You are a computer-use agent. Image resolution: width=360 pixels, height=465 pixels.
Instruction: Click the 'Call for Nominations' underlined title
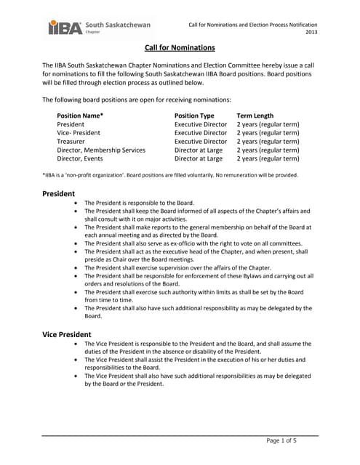pos(180,48)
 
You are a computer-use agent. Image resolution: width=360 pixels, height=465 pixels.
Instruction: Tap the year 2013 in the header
pos(311,33)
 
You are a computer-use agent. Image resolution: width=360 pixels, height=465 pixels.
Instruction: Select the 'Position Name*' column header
pos(80,116)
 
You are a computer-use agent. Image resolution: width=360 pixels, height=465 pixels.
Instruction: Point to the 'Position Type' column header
pos(194,116)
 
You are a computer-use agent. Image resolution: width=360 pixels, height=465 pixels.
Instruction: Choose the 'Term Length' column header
pos(255,116)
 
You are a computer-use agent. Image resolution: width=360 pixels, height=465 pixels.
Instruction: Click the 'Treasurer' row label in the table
pos(72,141)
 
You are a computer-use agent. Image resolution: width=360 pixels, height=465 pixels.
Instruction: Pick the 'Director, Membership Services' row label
pos(101,150)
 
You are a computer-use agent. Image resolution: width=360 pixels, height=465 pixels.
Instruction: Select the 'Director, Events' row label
pos(80,158)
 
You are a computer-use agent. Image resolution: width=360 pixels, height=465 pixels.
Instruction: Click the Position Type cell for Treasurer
pos(201,141)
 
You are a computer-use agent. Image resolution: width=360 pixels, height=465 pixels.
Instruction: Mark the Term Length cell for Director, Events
pos(268,158)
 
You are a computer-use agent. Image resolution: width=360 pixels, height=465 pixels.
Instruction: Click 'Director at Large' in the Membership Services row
pos(199,150)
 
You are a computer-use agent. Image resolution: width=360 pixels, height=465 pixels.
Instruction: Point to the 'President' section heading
pos(59,194)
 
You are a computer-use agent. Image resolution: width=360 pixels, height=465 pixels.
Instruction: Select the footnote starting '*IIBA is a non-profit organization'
pos(169,175)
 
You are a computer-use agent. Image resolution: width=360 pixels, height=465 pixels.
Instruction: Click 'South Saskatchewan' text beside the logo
pos(118,25)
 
